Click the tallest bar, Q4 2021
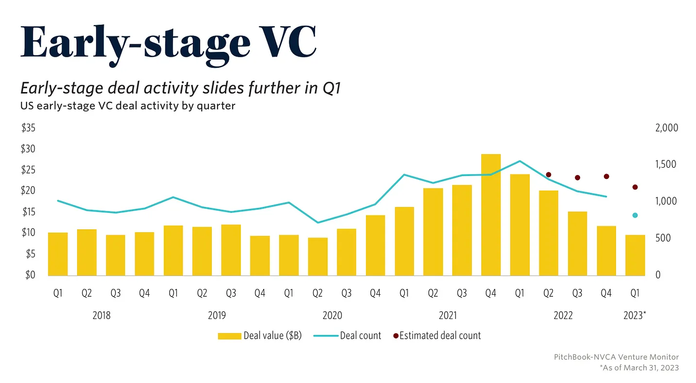click(x=490, y=215)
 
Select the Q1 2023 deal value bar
click(x=635, y=255)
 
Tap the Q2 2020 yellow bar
click(x=317, y=256)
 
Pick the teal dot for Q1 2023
click(x=635, y=215)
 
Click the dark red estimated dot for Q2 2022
click(x=549, y=175)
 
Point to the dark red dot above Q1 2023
click(x=635, y=187)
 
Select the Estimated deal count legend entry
click(x=437, y=335)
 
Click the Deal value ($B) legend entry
click(x=260, y=335)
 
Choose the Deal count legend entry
click(x=348, y=335)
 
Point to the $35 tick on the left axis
click(x=28, y=128)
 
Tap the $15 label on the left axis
click(x=28, y=212)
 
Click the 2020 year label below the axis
click(x=332, y=316)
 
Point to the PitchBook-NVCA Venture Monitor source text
click(x=616, y=357)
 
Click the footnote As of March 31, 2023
click(x=639, y=368)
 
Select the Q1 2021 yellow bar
click(x=404, y=241)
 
